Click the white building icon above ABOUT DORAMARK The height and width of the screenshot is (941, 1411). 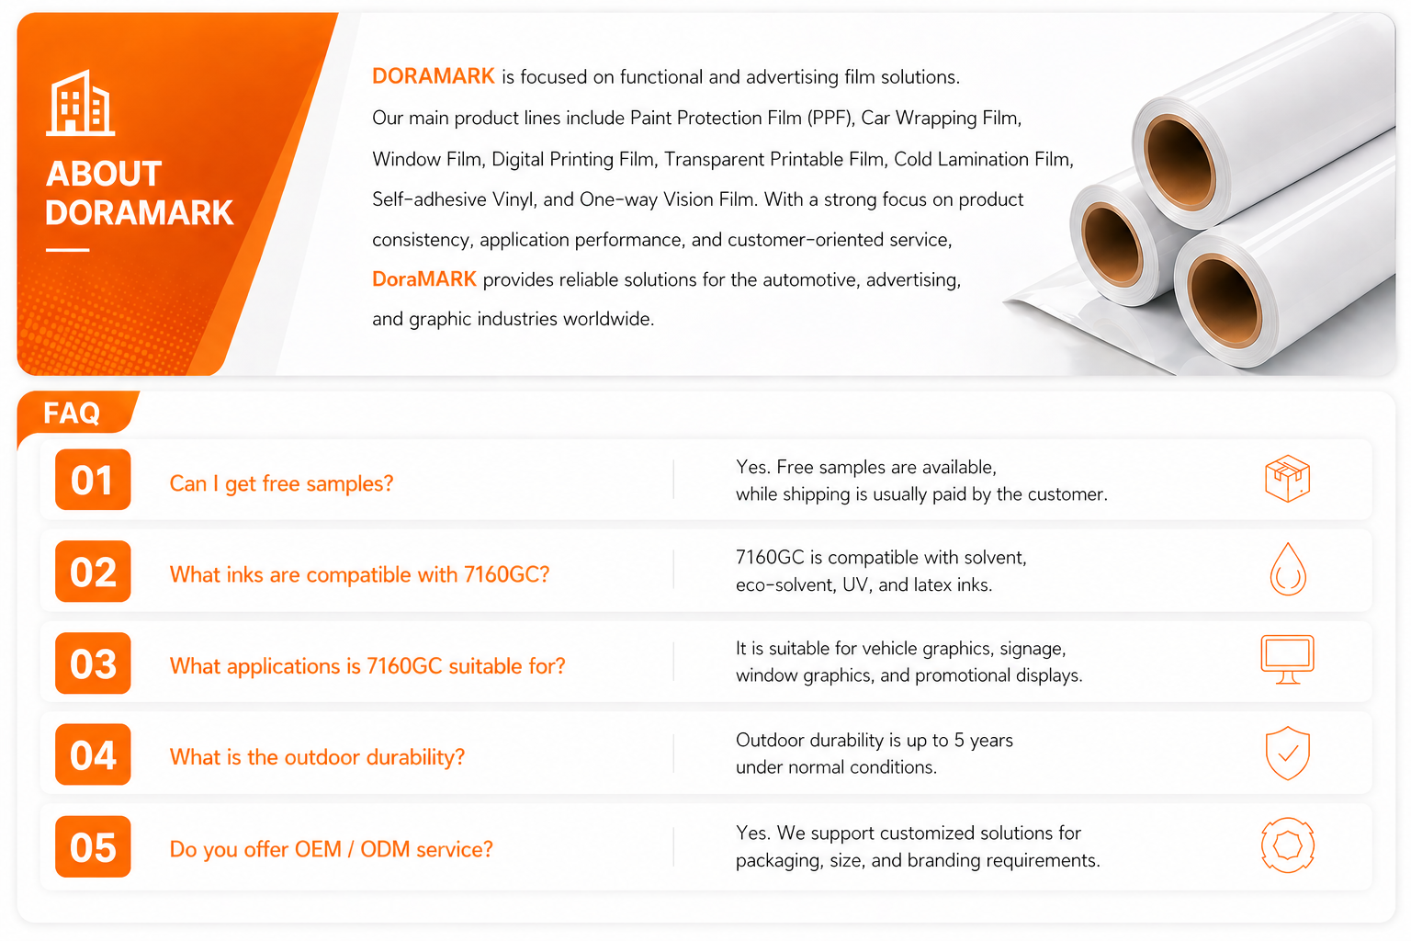click(x=81, y=103)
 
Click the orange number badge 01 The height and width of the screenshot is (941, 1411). click(x=93, y=480)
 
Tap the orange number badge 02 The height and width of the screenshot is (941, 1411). click(x=93, y=571)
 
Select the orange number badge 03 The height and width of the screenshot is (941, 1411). click(x=93, y=663)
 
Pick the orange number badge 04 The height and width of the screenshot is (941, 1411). click(x=93, y=754)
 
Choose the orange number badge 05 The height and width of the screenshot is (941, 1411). click(x=93, y=846)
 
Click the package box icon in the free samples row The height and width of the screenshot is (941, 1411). click(x=1288, y=479)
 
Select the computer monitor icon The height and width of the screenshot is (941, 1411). click(x=1288, y=659)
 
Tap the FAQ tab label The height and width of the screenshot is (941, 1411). click(x=72, y=414)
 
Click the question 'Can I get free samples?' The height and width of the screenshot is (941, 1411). click(x=282, y=483)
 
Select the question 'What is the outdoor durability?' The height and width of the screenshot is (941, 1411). click(x=317, y=757)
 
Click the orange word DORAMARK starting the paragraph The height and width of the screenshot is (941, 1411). click(x=434, y=76)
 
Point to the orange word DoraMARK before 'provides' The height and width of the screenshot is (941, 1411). click(x=423, y=278)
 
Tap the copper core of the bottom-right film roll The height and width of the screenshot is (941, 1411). click(x=1225, y=302)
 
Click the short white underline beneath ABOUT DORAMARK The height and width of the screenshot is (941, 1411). click(x=67, y=250)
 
